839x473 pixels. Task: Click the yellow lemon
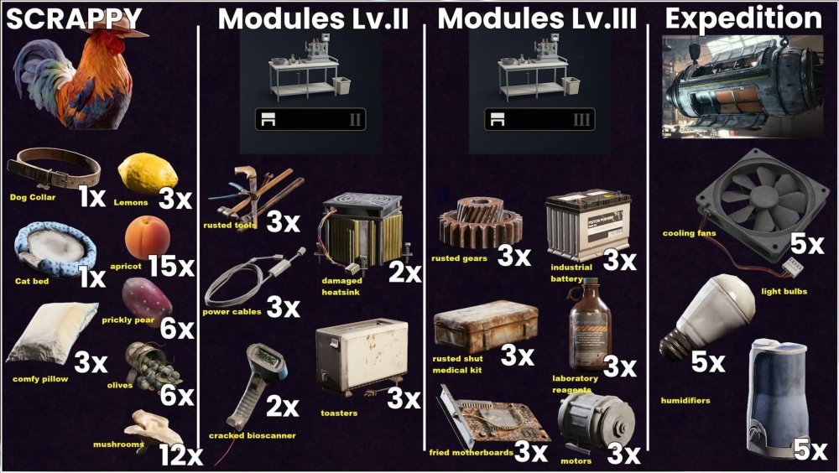[148, 174]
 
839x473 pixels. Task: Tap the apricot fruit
[147, 238]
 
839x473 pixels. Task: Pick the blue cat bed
[55, 251]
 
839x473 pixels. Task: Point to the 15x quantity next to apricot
[171, 266]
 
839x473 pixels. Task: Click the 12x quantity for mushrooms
[181, 455]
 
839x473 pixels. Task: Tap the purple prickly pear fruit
[146, 301]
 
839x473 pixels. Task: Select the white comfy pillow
[51, 332]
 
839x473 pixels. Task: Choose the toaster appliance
[362, 357]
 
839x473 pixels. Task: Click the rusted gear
[480, 222]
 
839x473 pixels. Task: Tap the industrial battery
[588, 225]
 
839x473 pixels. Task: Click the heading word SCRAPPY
[74, 19]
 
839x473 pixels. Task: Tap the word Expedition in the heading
[743, 18]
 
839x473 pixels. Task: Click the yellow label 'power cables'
[232, 311]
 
